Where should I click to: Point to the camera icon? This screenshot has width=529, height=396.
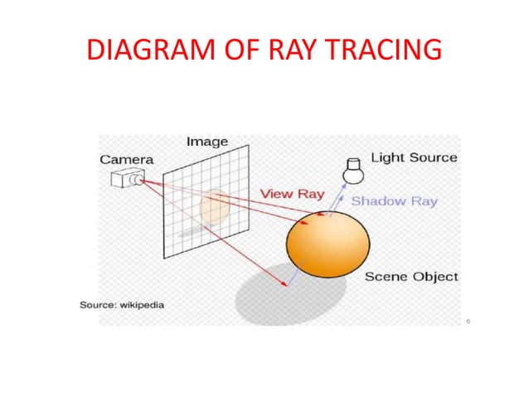[127, 177]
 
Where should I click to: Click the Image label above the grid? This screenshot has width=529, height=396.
[206, 142]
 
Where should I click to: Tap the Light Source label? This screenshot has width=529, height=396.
[414, 157]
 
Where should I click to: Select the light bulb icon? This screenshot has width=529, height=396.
[354, 171]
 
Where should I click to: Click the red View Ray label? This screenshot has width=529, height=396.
[292, 194]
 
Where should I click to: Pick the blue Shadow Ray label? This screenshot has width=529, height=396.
[394, 201]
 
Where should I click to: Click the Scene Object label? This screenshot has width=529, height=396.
[411, 277]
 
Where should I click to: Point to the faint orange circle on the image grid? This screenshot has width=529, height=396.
[213, 207]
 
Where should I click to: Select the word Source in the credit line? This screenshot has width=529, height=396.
[97, 305]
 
